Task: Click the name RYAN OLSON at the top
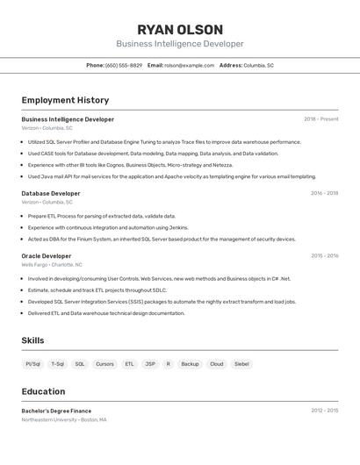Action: (180, 29)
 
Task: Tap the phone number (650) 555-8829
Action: (124, 65)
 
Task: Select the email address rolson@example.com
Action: (190, 65)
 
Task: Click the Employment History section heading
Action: (65, 100)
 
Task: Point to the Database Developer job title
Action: (51, 193)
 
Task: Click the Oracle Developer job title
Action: (47, 255)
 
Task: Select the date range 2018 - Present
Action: (321, 119)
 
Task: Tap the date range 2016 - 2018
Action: (324, 193)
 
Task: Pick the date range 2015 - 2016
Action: (324, 255)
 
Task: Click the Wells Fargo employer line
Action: (52, 264)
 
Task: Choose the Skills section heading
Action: (32, 340)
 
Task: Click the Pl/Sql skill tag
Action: (33, 363)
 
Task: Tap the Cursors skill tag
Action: (104, 363)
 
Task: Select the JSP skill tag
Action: (150, 363)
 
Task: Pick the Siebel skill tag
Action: (241, 363)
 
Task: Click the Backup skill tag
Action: (190, 363)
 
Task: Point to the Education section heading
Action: (43, 391)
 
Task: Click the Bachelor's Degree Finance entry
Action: (56, 411)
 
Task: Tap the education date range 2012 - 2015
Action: (324, 411)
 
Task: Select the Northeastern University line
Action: (64, 419)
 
